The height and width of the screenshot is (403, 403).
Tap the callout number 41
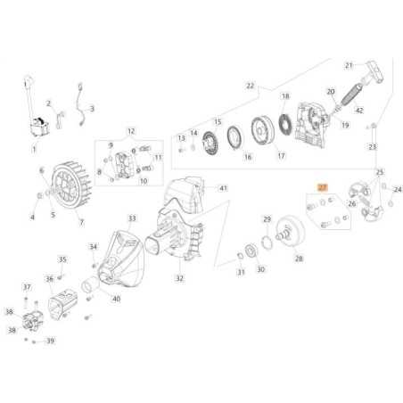point(224,188)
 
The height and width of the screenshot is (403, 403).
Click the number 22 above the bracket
point(251,86)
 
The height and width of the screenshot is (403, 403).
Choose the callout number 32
point(179,278)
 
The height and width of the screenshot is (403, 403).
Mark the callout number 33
point(132,218)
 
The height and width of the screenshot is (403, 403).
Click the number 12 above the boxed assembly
point(131,131)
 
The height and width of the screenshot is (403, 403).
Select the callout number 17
point(280,156)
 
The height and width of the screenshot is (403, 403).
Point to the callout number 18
point(285,95)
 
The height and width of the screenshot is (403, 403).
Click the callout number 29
point(267,218)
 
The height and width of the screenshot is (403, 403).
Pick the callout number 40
point(116,299)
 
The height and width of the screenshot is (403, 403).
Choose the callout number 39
point(51,341)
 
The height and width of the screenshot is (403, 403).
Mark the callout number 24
point(399,189)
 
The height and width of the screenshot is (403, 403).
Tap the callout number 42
point(358,111)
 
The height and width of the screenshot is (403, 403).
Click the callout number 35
point(62,259)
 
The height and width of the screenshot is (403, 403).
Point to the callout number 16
point(247,156)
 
